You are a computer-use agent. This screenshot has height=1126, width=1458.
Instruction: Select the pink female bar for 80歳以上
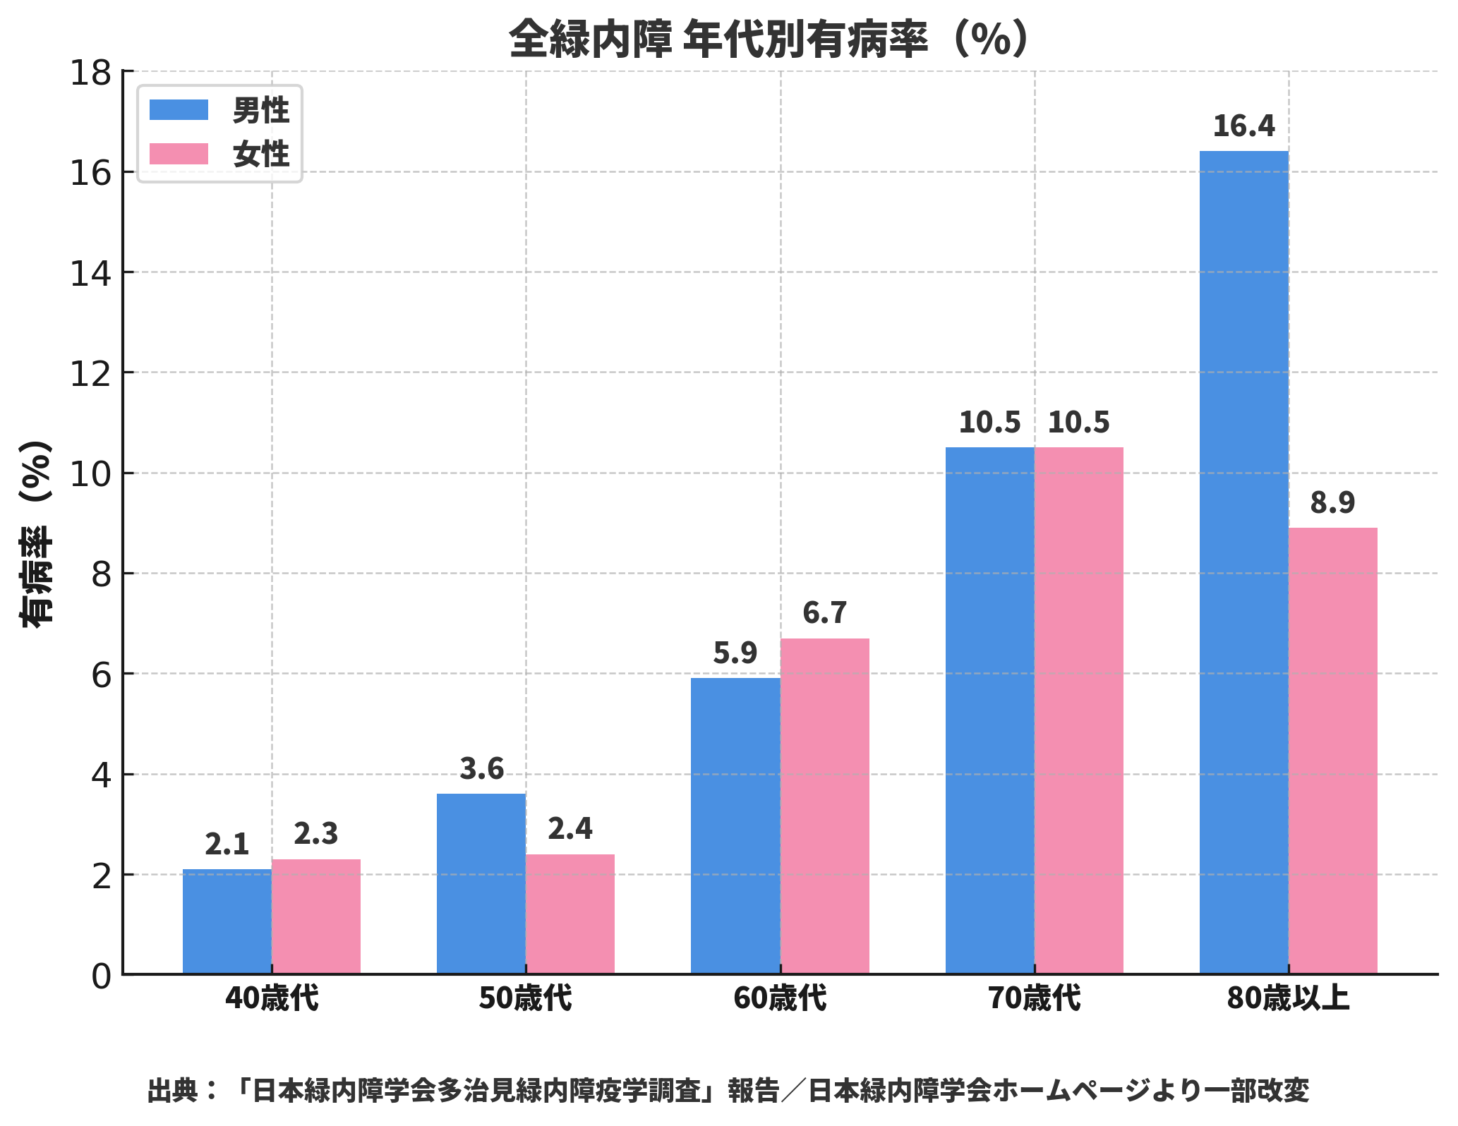(1332, 751)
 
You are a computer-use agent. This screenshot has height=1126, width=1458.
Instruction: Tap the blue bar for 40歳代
(227, 921)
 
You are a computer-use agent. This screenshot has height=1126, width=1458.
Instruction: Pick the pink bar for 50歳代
(570, 914)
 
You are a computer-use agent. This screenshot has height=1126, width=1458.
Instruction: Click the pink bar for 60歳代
(824, 806)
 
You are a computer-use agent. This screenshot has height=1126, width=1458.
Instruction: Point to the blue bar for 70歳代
(989, 710)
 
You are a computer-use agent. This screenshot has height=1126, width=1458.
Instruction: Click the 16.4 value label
(1243, 126)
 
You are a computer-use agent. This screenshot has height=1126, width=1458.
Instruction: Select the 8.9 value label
(1332, 503)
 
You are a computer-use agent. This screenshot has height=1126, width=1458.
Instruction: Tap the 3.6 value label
(481, 769)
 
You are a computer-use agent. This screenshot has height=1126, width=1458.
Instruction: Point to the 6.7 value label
(824, 613)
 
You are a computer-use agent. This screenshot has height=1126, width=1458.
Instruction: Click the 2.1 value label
(227, 844)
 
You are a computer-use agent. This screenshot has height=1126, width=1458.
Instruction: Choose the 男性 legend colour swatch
(179, 110)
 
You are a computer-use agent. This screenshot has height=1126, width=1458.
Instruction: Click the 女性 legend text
(261, 155)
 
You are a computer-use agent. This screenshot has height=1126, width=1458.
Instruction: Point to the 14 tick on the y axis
(91, 273)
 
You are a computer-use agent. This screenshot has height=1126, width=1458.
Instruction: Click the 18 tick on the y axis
(91, 72)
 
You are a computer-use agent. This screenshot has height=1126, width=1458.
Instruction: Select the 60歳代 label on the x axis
(780, 999)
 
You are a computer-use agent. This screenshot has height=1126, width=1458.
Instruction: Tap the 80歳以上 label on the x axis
(1288, 999)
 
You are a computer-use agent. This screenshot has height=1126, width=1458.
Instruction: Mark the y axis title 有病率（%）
(35, 533)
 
